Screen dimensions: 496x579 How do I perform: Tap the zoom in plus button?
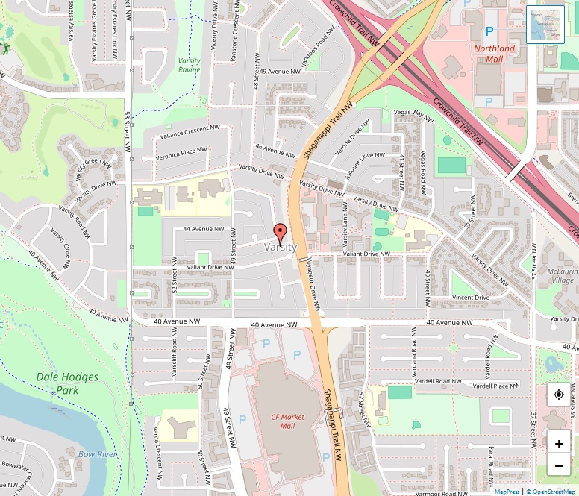coord(559,442)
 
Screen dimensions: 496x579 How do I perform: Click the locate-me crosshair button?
coord(559,395)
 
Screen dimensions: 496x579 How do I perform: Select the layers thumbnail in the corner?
coord(545,25)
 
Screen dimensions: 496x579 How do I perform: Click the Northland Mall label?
coord(495,54)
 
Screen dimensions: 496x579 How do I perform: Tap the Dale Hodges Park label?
coord(67,383)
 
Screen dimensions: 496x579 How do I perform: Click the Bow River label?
coord(98,453)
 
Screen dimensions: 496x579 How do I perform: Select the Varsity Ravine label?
coord(190,65)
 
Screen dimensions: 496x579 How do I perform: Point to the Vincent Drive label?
coord(471,298)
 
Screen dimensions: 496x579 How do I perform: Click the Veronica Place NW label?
coord(181,154)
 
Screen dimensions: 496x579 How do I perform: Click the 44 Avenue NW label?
coord(203,229)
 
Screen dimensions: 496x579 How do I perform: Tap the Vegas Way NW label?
coord(413,113)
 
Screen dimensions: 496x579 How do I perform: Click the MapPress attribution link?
coord(507,492)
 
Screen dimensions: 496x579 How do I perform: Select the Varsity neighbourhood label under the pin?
coord(281,247)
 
